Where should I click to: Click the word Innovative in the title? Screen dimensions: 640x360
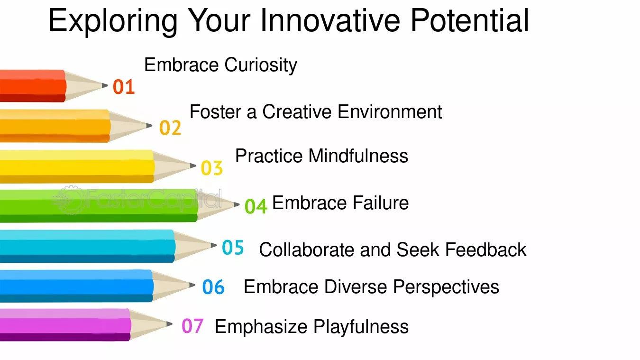(330, 20)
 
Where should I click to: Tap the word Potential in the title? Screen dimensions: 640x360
(470, 20)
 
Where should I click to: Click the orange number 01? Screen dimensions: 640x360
(124, 87)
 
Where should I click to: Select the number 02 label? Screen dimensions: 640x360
(170, 128)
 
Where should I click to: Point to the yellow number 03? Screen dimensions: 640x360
(212, 168)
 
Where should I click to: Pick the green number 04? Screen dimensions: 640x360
(256, 206)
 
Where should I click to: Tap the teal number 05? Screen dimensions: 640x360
(233, 247)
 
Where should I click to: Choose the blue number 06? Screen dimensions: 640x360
(213, 287)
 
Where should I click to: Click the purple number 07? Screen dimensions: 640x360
(192, 326)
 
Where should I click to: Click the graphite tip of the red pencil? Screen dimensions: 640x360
(105, 85)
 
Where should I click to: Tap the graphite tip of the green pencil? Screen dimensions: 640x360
(236, 204)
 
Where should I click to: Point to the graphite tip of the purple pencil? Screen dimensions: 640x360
(169, 323)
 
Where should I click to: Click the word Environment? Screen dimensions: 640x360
(390, 112)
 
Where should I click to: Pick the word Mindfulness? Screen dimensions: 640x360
(358, 156)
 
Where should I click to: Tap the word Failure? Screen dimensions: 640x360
(381, 203)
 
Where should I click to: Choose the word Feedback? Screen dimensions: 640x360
(486, 249)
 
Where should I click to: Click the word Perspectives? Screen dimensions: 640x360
(446, 287)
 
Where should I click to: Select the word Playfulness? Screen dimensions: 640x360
(361, 327)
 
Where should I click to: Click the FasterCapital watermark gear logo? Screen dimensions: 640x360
(69, 200)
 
